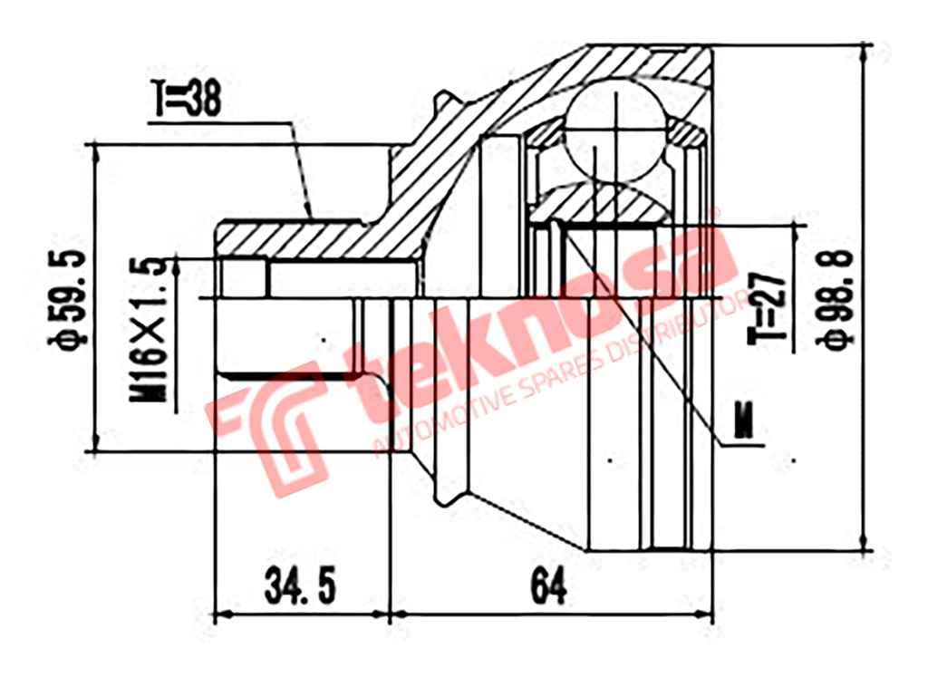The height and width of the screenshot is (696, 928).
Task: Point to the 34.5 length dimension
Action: click(x=300, y=587)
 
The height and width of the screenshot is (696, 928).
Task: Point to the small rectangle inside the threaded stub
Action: click(x=244, y=277)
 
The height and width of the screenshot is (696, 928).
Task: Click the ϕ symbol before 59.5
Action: click(x=70, y=343)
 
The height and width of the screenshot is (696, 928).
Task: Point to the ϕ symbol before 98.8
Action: click(x=834, y=341)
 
